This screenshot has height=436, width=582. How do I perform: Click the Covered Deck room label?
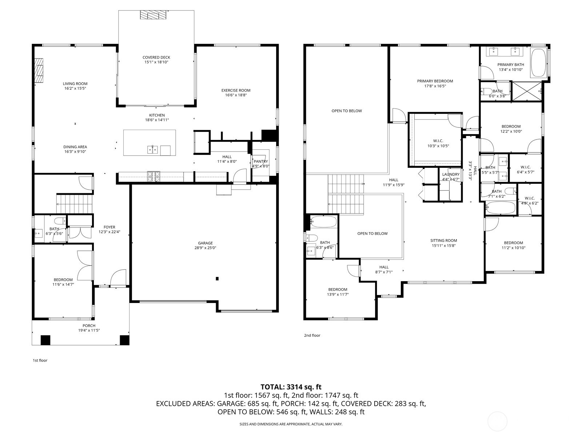[x=156, y=57]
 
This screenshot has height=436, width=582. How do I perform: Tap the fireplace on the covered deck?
[x=154, y=15]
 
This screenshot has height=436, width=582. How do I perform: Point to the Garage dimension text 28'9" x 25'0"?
[x=205, y=248]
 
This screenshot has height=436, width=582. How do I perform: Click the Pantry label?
[x=260, y=161]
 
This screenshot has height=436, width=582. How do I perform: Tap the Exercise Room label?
[x=236, y=90]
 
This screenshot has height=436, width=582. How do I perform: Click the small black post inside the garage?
[x=217, y=279]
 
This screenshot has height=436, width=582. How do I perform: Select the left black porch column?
[x=45, y=340]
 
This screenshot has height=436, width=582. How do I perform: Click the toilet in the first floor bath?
[x=59, y=221]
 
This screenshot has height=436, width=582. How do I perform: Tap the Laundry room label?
[x=451, y=174]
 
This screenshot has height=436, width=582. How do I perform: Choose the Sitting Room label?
[x=443, y=241]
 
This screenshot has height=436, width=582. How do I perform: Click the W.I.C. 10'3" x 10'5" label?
[x=438, y=141]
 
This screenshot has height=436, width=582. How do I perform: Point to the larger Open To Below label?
[x=347, y=111]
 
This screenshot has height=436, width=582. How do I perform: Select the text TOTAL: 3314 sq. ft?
[x=291, y=387]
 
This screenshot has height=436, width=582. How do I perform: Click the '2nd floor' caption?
[x=312, y=335]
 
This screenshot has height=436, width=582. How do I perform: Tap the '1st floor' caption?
[x=40, y=360]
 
